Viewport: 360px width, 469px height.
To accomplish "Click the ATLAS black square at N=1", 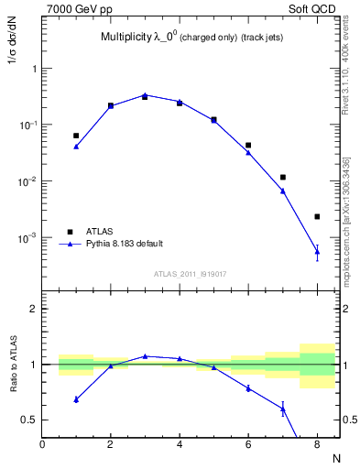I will pos(76,136).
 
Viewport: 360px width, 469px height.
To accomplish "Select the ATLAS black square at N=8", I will pos(317,217).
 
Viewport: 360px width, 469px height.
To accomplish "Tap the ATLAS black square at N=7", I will pos(283,177).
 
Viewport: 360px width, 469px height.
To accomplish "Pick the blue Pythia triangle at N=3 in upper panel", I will pos(145,94).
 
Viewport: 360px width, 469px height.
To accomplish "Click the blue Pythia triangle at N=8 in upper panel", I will pos(317,250).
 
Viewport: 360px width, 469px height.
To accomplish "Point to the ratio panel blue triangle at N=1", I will pos(76,399).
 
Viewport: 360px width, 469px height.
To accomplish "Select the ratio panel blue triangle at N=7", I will pos(283,409).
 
